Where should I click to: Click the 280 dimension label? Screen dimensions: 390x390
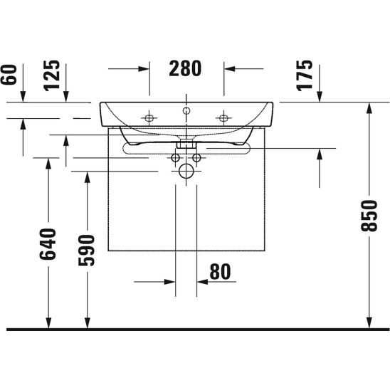(x=185, y=68)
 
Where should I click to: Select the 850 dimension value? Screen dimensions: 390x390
(x=369, y=216)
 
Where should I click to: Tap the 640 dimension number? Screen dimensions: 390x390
(x=48, y=244)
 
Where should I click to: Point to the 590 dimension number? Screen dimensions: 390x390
(x=87, y=251)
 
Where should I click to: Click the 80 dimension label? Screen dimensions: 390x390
(x=220, y=272)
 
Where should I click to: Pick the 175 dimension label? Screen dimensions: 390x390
(x=304, y=75)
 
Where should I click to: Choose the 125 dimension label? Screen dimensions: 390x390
(x=52, y=75)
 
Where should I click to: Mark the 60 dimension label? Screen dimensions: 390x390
(x=9, y=75)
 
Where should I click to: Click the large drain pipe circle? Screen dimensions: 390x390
(x=186, y=171)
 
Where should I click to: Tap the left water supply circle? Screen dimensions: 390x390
(x=176, y=157)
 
